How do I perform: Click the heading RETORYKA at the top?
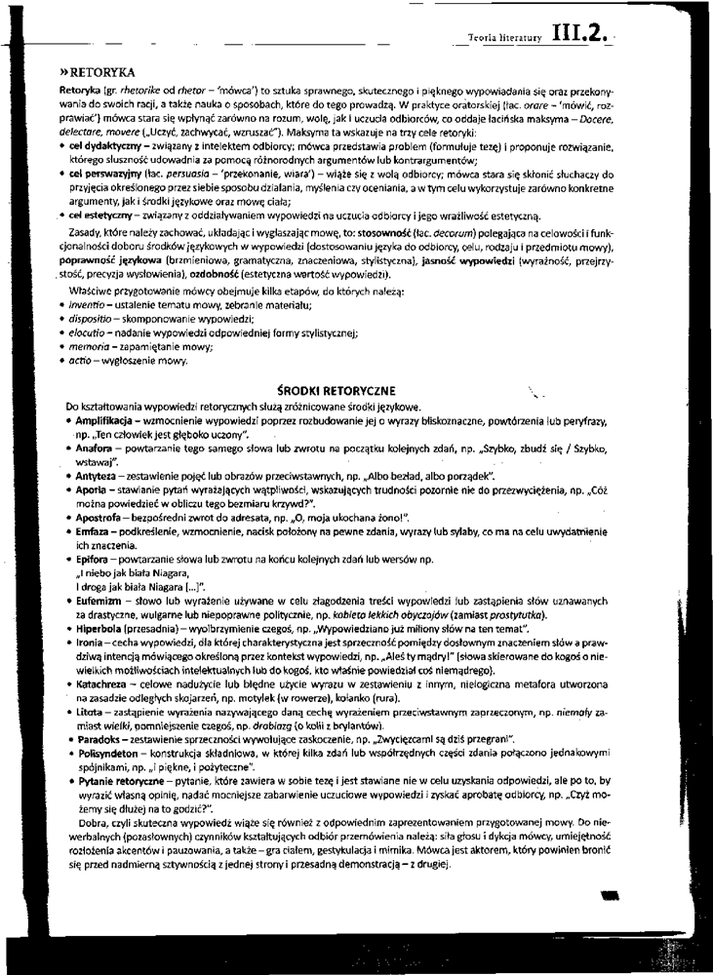[99, 73]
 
